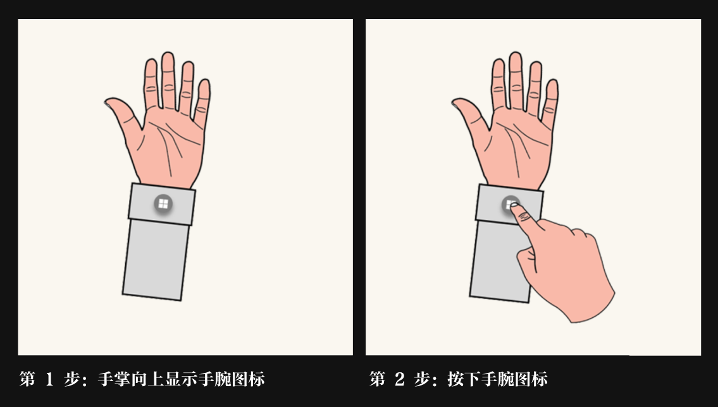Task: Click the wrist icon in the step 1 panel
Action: (163, 204)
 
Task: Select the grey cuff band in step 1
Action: (162, 204)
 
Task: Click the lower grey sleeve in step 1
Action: (156, 260)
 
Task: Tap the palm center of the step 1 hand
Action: (170, 147)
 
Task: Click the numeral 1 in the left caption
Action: (49, 379)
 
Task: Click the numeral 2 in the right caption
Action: (399, 379)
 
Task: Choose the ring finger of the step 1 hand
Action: (187, 87)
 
